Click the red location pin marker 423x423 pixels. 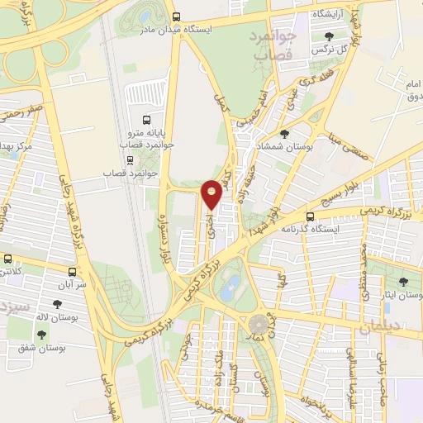[x=212, y=193]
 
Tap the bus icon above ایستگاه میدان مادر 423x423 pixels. [x=176, y=17]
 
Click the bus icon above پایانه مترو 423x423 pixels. [x=146, y=119]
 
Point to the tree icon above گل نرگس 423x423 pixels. [x=330, y=36]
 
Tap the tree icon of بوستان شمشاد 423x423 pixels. [x=284, y=134]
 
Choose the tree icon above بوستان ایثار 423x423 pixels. [x=403, y=282]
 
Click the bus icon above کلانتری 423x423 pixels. [x=6, y=259]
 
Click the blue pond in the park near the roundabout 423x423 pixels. [x=232, y=288]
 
